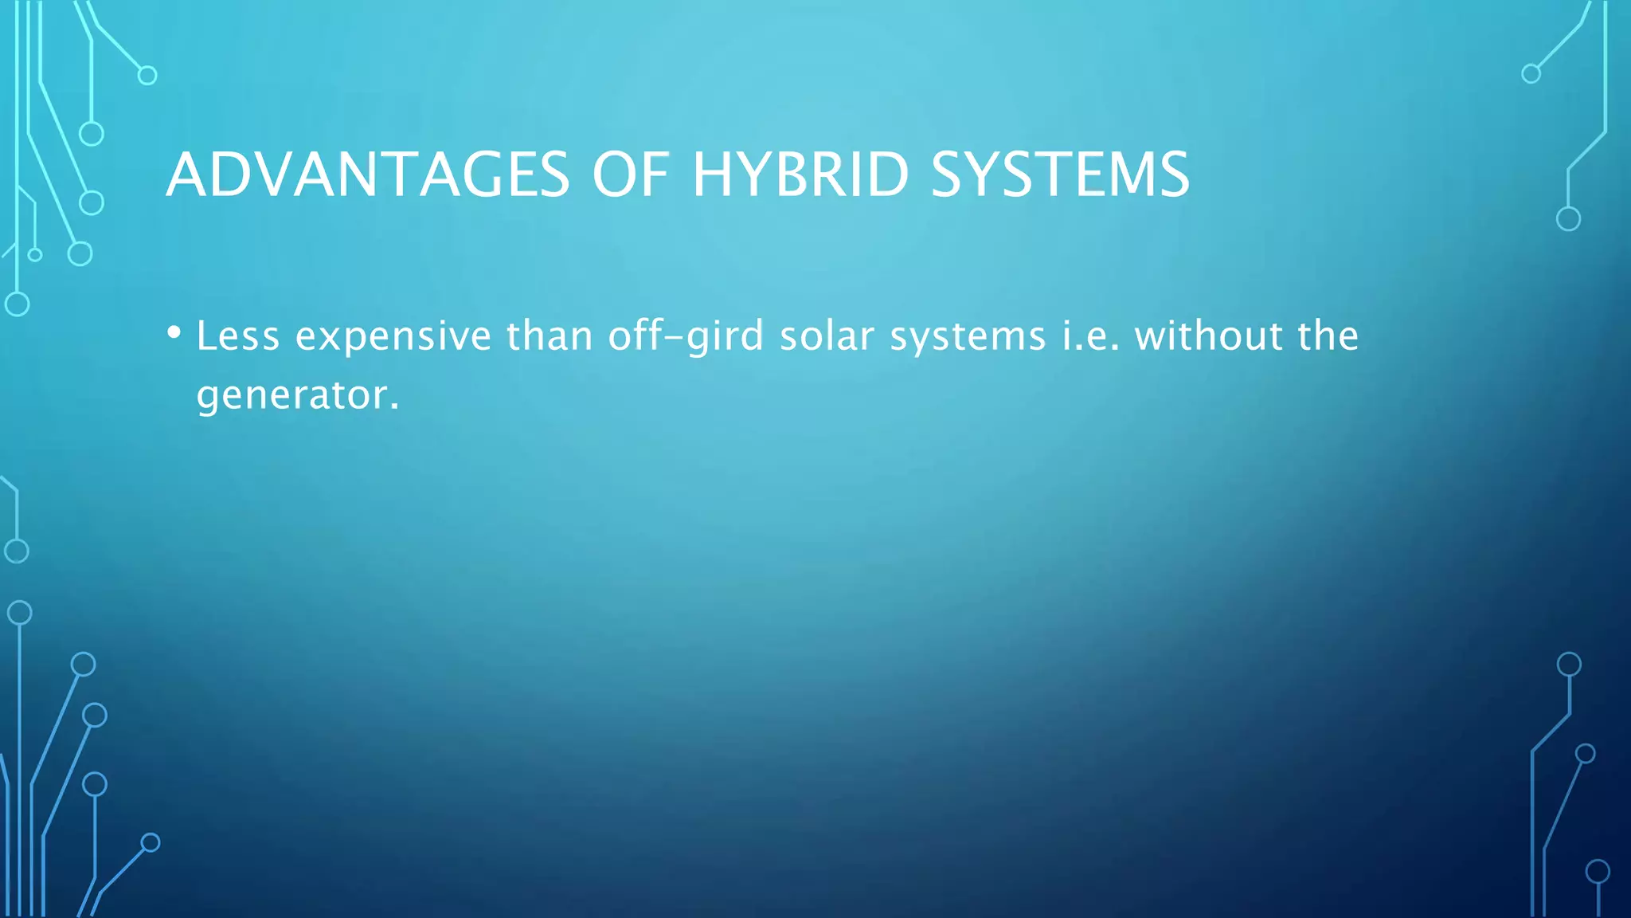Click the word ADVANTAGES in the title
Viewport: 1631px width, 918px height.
click(x=368, y=175)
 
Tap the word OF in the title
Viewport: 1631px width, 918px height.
click(x=629, y=175)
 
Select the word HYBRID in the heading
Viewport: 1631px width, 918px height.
click(x=800, y=175)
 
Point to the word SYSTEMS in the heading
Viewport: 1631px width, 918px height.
click(x=1059, y=175)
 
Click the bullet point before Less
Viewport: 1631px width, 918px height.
click(x=174, y=332)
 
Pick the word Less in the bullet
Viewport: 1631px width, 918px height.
click(x=238, y=335)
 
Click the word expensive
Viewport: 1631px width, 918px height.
click(x=393, y=337)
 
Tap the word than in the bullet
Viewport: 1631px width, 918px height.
click(x=550, y=335)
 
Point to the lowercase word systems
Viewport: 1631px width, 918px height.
click(x=968, y=337)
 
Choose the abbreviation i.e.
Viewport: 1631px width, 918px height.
click(x=1090, y=335)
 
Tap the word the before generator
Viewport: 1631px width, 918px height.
click(x=1328, y=335)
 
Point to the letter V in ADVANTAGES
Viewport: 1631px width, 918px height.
click(x=278, y=175)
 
